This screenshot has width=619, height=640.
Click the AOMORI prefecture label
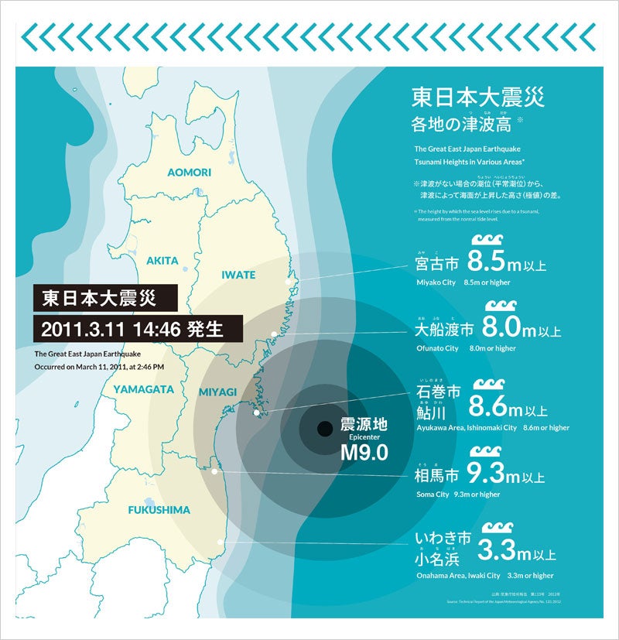pos(190,171)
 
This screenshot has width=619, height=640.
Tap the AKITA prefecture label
pos(162,261)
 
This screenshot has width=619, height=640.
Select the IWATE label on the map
pos(238,274)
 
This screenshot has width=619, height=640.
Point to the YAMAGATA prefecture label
pos(143,389)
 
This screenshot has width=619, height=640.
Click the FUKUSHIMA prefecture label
pos(159,510)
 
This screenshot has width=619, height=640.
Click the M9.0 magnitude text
pos(364,453)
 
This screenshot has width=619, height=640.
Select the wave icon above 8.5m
pos(487,240)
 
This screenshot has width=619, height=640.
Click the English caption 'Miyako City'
pos(436,282)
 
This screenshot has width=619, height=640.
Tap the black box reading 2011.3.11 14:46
pos(137,328)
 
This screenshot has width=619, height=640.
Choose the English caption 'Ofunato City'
pos(436,348)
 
